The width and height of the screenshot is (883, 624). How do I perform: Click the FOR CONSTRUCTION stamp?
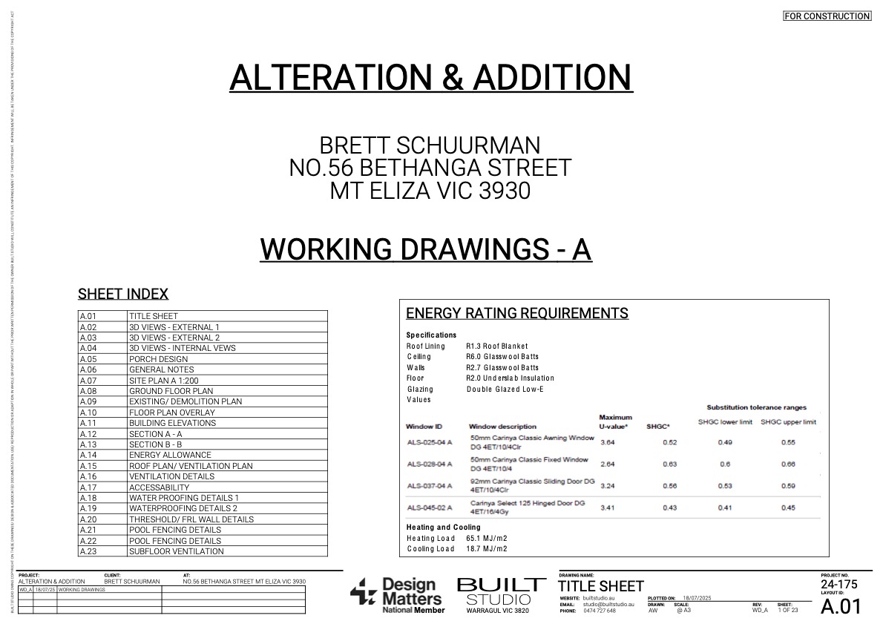point(827,16)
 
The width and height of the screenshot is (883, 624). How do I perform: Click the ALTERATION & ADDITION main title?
point(430,77)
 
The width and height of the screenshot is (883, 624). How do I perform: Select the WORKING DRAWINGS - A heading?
point(425,249)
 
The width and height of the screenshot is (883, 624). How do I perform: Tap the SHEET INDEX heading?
point(123,294)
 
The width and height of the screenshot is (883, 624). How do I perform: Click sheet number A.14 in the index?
point(88,455)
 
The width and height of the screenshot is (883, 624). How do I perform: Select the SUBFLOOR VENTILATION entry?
point(176,551)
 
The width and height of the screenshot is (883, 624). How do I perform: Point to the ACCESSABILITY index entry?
point(160,487)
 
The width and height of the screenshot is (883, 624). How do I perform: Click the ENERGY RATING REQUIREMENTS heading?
point(516,313)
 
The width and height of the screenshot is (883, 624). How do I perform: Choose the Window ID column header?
point(424,427)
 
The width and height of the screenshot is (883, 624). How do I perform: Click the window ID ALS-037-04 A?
point(430,486)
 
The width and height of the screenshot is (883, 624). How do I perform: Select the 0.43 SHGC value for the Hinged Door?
point(670,508)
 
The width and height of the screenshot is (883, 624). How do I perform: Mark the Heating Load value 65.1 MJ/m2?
point(487,538)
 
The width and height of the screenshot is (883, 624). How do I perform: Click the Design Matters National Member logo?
point(398,594)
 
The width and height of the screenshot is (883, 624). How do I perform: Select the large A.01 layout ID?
point(841,606)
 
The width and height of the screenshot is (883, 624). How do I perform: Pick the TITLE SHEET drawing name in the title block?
point(601,586)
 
